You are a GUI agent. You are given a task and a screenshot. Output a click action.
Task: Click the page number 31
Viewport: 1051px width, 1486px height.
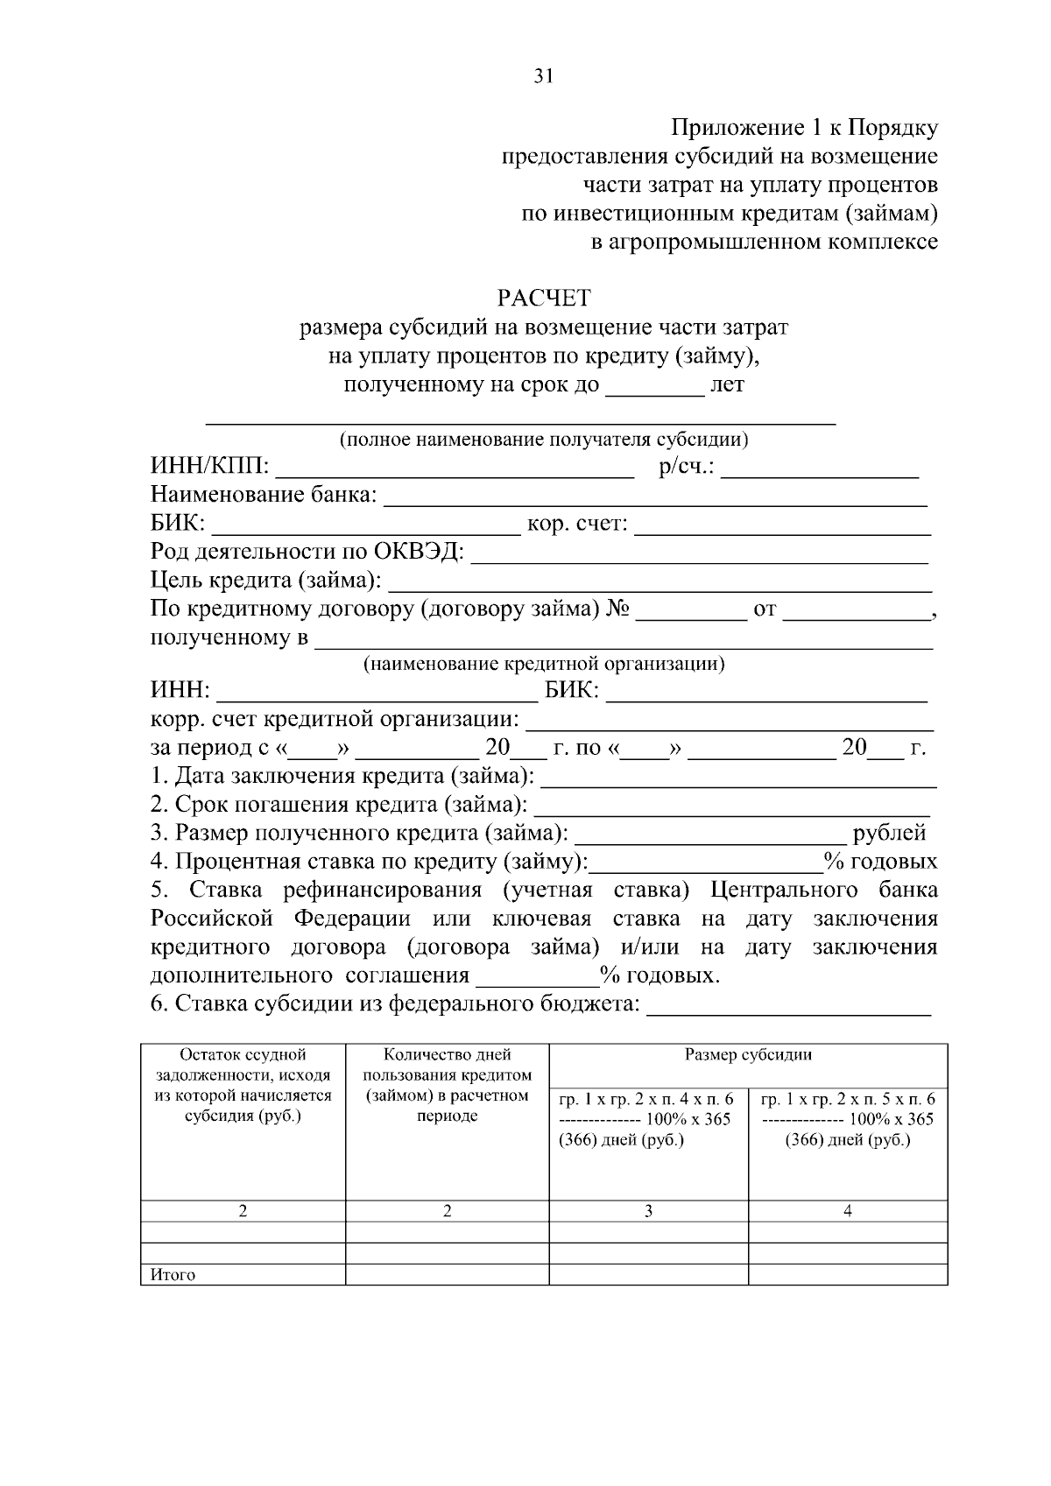point(543,77)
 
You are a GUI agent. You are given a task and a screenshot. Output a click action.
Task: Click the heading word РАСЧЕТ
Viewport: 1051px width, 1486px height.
point(544,299)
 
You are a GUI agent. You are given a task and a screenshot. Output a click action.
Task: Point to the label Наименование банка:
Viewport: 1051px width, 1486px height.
point(264,496)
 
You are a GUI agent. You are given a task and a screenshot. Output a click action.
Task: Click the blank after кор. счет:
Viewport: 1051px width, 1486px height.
point(781,525)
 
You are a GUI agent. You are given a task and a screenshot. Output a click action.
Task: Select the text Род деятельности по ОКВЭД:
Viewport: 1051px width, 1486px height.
point(307,553)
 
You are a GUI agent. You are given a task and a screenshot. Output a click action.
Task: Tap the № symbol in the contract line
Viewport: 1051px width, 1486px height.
point(617,609)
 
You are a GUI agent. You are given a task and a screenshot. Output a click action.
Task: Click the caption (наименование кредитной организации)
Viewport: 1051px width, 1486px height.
point(544,664)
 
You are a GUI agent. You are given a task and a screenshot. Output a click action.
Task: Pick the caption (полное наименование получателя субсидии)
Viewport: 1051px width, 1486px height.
point(544,440)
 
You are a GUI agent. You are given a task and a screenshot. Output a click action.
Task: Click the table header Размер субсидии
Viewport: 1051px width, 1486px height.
point(748,1055)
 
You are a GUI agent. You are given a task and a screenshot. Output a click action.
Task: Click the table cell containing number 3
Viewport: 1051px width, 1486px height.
point(648,1212)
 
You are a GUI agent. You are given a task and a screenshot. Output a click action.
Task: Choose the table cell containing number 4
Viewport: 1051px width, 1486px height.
point(847,1212)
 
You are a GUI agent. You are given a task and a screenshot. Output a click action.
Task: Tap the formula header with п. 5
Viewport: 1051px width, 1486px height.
point(847,1119)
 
